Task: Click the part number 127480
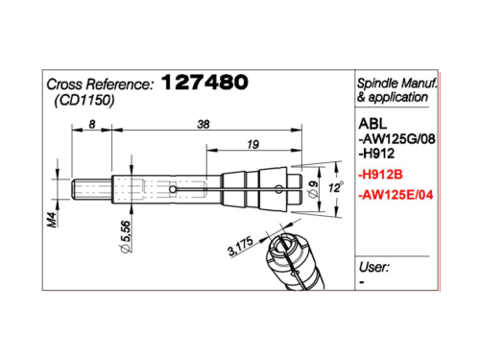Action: pos(204,82)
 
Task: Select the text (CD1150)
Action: pos(84,101)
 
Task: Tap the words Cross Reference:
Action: pos(100,84)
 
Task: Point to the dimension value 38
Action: pos(204,124)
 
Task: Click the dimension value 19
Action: pos(252,145)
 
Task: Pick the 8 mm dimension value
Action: pos(92,124)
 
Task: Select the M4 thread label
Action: pos(52,220)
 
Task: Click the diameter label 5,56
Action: pos(125,236)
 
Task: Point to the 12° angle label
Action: pos(336,187)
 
